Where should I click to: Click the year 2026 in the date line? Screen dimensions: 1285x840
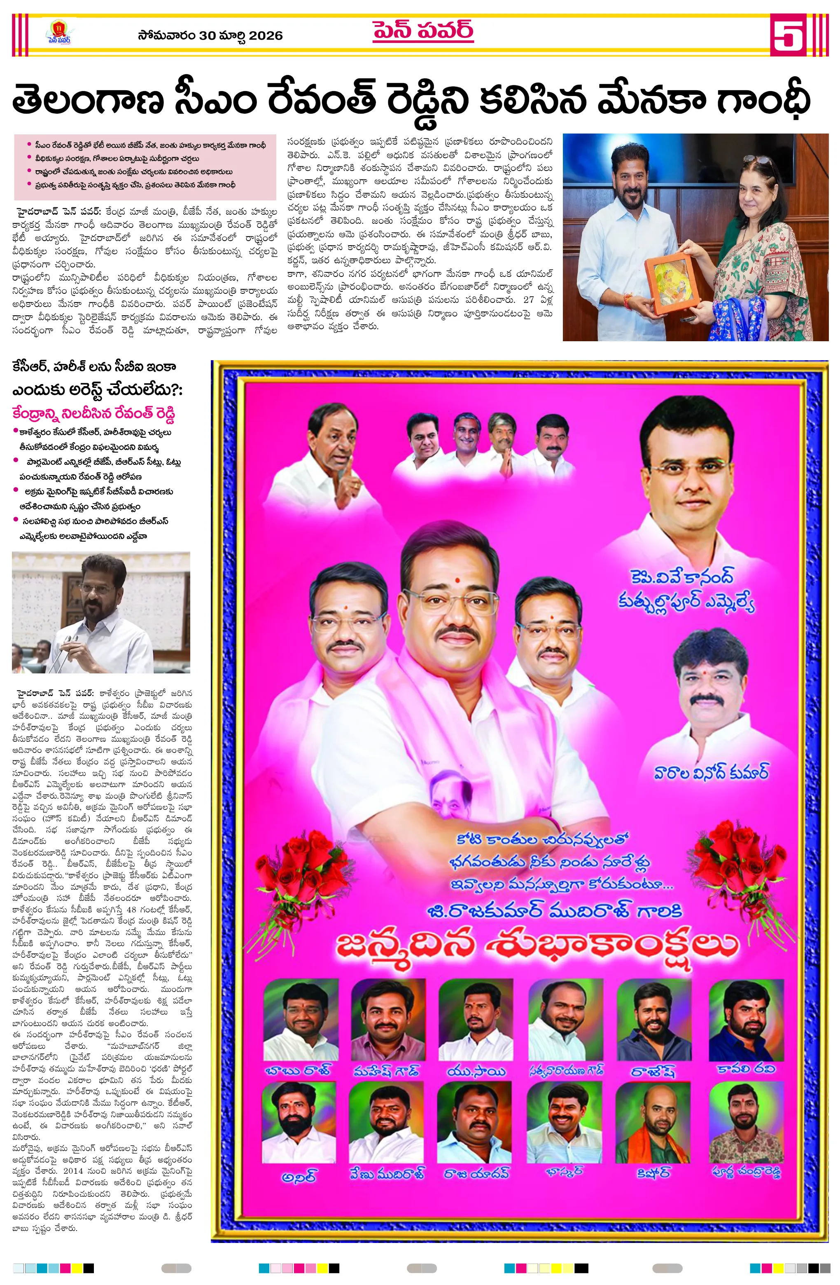point(265,35)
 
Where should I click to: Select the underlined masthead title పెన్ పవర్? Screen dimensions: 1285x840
point(422,30)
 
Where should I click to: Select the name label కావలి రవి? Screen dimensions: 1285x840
point(746,1067)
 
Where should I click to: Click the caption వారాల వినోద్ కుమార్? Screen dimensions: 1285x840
point(711,771)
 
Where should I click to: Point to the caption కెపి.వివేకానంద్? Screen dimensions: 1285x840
point(682,578)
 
